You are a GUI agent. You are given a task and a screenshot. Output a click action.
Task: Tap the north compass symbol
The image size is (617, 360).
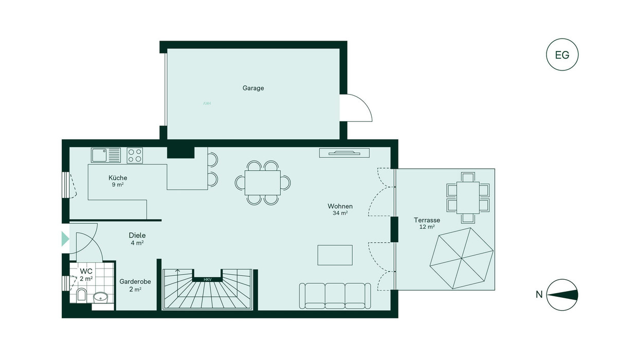(562, 295)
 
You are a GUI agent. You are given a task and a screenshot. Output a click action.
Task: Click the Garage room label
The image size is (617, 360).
(253, 88)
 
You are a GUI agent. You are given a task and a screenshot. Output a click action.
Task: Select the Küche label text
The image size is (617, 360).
(118, 177)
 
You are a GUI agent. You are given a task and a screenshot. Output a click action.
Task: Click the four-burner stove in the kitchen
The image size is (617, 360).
(135, 155)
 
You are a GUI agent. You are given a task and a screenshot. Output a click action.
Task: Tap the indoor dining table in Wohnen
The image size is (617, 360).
(263, 183)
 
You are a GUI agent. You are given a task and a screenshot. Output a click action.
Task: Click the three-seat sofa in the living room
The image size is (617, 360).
(335, 296)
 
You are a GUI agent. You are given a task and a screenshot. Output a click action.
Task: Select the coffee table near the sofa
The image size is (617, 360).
(335, 255)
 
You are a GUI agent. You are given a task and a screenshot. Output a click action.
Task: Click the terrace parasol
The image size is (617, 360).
(462, 258)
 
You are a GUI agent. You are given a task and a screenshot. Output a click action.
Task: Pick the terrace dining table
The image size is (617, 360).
(468, 197)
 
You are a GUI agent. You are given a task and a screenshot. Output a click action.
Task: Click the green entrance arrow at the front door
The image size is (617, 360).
(65, 239)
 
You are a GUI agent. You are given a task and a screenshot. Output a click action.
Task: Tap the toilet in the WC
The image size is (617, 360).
(82, 295)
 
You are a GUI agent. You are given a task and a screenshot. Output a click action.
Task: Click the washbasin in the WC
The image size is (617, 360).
(101, 297)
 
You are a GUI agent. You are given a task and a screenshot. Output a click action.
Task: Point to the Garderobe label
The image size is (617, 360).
(135, 282)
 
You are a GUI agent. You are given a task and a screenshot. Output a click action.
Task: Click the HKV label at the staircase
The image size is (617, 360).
(207, 280)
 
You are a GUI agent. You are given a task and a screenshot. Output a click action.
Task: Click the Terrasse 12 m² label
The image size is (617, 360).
(427, 223)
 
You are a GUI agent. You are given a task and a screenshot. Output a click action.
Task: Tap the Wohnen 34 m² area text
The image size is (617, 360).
(340, 209)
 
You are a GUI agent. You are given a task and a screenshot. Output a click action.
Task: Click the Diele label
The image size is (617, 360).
(137, 236)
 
